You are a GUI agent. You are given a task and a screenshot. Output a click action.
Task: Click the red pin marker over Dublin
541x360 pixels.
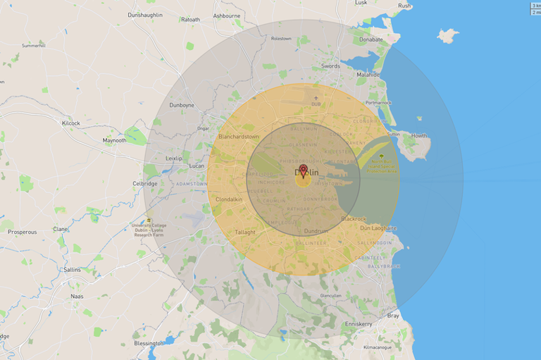[304, 170]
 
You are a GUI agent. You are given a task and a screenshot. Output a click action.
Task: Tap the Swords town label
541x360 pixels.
[330, 66]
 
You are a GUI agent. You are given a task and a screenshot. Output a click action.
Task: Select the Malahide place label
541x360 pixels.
[368, 75]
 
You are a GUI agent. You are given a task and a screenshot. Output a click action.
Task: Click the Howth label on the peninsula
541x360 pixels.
[419, 135]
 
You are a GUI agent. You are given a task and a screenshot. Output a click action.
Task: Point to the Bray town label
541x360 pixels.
[392, 316]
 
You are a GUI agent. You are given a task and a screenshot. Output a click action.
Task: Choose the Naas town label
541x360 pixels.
[77, 296]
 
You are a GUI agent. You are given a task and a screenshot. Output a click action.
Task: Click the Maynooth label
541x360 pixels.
[114, 140]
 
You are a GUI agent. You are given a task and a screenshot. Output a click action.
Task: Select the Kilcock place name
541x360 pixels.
[71, 123]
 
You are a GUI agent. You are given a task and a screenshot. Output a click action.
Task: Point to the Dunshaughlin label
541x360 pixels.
[145, 15]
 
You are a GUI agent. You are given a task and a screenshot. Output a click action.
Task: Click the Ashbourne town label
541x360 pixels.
[226, 15]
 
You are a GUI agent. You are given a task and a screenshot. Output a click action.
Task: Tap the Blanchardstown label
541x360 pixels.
[239, 136]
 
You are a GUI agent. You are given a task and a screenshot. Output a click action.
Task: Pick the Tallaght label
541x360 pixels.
[245, 232]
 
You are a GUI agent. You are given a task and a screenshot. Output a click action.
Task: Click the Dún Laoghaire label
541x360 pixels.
[378, 228]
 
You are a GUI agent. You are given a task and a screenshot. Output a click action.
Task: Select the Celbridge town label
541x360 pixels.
[145, 183]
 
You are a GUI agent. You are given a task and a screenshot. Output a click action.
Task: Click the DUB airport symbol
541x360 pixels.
[316, 98]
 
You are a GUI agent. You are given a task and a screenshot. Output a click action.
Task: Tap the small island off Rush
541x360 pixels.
[447, 35]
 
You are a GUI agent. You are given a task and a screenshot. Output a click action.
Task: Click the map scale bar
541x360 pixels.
[535, 8]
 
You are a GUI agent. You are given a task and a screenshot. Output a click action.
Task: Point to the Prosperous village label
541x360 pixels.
[23, 231]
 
